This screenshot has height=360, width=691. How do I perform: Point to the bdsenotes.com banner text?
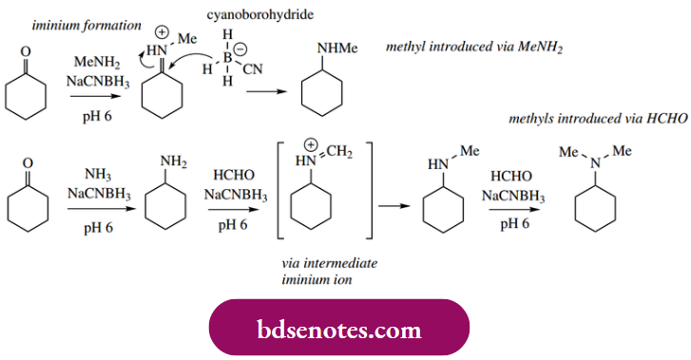pyautogui.click(x=339, y=331)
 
